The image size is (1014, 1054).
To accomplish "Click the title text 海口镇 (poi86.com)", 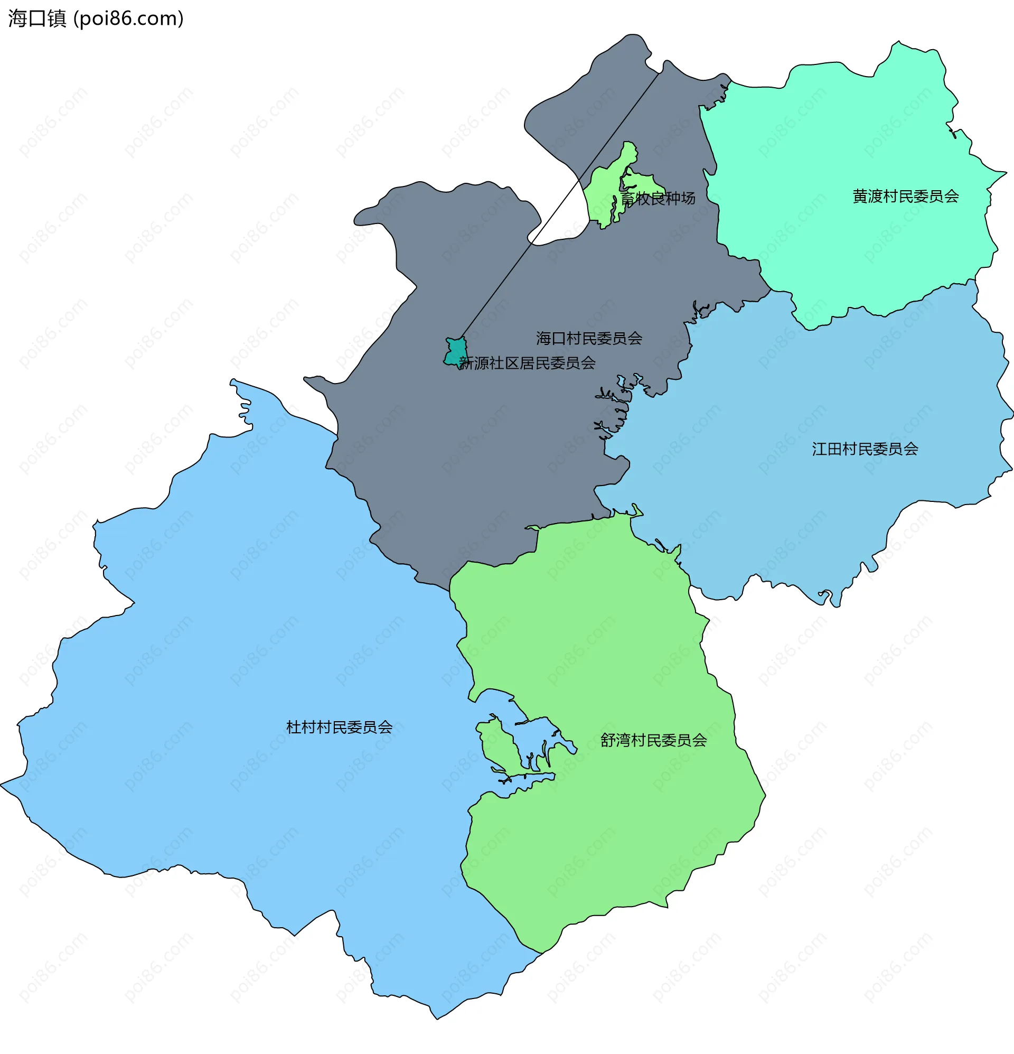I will pos(96,18).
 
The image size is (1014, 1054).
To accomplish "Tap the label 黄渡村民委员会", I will pos(905,197).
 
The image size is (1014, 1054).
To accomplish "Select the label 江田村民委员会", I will pos(865,449).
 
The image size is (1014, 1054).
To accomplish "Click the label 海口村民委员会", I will pos(589,338).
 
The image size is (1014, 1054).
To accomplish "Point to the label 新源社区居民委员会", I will pos(528,363).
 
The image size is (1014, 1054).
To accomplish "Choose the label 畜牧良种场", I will pos(658,199).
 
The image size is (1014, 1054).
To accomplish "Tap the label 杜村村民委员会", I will pos(339,727).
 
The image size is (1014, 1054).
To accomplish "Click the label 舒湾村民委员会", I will pos(653,740).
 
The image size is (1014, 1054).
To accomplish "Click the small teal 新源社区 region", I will pos(455,352).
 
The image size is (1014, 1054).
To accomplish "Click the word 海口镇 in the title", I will pos(37,18).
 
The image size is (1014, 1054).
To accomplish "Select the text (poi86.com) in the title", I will pos(128,18).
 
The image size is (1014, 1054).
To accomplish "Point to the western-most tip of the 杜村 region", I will pos(2,786).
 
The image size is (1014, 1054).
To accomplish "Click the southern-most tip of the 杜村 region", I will pos(437,1018).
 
